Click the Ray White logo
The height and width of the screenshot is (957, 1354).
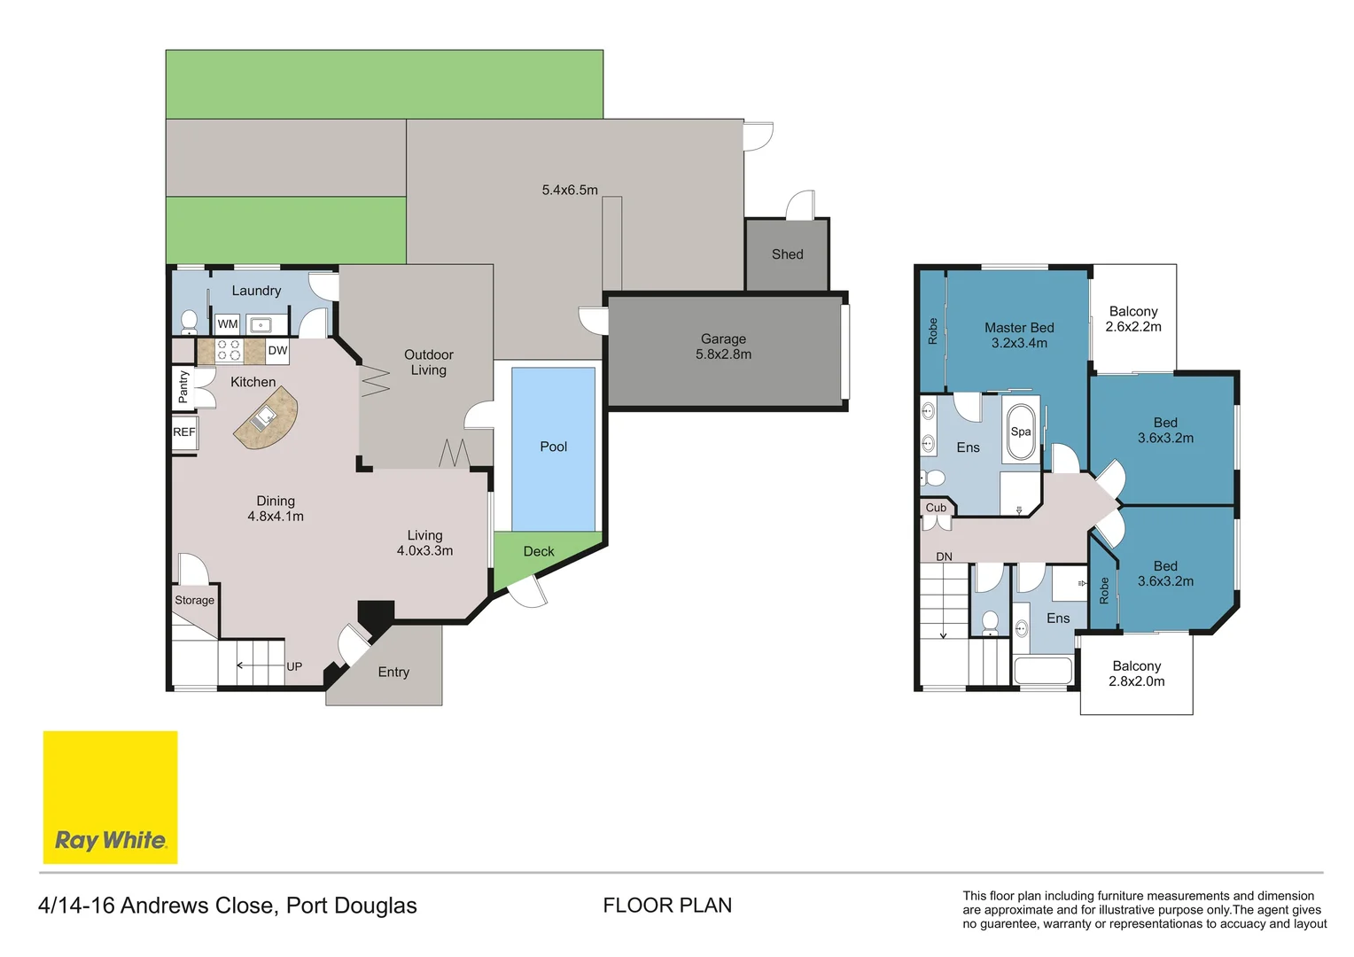click(111, 797)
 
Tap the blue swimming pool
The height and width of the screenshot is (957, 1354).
click(553, 448)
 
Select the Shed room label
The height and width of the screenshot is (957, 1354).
click(787, 254)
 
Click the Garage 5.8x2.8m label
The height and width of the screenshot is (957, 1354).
click(724, 346)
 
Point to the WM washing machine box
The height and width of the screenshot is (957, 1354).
click(227, 324)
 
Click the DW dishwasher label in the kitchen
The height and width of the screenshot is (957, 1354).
click(277, 351)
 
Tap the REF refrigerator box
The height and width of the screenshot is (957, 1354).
click(184, 432)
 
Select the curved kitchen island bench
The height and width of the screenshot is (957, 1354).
click(267, 417)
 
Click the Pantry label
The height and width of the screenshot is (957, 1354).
click(183, 387)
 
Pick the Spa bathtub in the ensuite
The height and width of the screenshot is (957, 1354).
click(1020, 432)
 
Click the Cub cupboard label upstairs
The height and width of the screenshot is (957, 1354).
click(935, 508)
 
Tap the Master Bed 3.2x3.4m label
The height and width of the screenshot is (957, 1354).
click(1019, 335)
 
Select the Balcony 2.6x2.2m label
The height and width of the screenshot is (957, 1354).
click(1133, 319)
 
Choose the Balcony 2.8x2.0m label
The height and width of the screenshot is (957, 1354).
click(1136, 673)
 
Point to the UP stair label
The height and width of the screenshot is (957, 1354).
click(294, 667)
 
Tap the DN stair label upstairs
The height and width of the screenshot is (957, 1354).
click(945, 556)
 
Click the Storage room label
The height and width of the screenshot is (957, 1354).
click(195, 600)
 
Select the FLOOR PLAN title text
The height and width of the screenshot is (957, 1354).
click(667, 905)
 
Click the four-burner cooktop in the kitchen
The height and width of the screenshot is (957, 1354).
click(230, 351)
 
